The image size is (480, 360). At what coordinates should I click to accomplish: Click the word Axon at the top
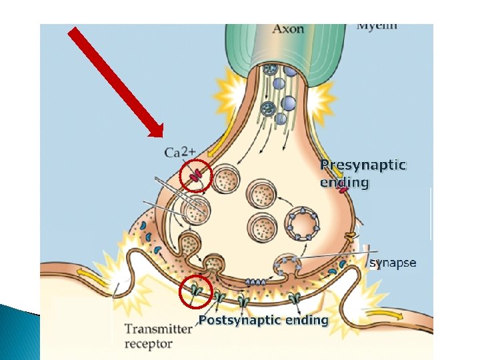tap(288, 29)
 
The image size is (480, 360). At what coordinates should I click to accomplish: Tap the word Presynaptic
tap(363, 165)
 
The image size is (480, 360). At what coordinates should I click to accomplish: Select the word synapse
tap(393, 263)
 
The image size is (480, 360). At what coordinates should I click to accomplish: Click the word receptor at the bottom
tap(149, 344)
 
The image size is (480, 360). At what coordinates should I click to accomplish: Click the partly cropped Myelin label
tap(377, 27)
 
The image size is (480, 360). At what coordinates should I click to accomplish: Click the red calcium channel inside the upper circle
tap(196, 177)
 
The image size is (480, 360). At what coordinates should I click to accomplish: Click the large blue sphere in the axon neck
tap(289, 103)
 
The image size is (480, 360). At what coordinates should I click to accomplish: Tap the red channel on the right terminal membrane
tap(343, 190)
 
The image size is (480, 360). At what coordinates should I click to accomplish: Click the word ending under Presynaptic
tap(344, 182)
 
